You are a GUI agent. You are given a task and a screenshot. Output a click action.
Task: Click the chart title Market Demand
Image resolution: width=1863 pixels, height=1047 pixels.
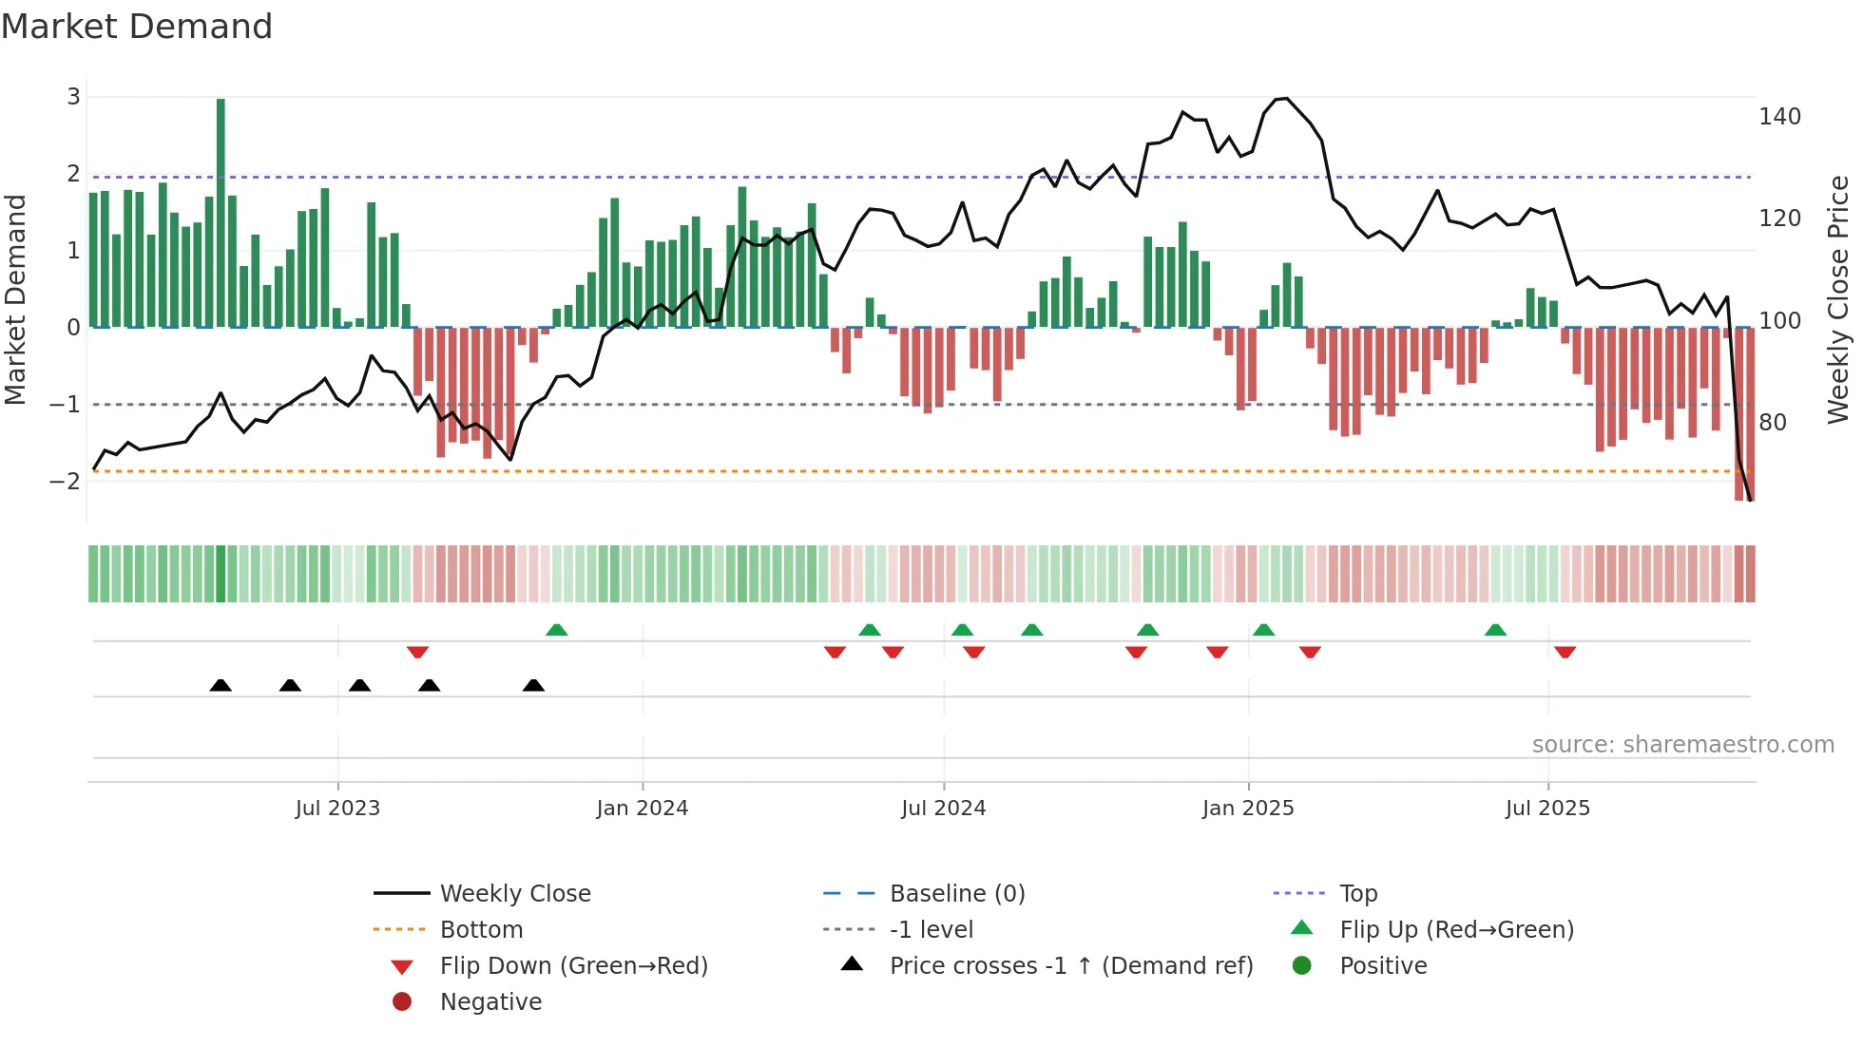point(137,27)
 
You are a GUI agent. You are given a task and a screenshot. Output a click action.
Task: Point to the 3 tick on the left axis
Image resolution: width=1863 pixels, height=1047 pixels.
point(73,96)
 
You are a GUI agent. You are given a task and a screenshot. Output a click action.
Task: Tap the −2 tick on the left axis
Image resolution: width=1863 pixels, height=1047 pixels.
point(66,481)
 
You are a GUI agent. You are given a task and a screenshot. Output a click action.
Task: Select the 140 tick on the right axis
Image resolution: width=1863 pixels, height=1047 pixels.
point(1779,117)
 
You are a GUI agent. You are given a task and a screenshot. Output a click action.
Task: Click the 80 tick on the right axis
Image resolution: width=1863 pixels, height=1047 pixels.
point(1773,422)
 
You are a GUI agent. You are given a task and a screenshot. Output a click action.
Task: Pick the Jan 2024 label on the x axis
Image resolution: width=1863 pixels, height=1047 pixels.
point(642,809)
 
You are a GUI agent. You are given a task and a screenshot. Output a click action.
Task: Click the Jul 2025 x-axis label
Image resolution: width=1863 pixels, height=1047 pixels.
point(1547,809)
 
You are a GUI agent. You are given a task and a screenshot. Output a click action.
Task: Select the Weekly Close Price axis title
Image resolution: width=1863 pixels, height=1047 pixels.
point(1838,299)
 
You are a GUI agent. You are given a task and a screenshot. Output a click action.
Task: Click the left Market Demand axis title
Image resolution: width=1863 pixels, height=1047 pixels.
point(15,299)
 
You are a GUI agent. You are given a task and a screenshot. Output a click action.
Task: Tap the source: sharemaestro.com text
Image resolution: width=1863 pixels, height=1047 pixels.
point(1682,745)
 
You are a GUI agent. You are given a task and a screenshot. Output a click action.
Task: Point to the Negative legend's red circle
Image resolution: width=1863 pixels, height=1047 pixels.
point(402,1002)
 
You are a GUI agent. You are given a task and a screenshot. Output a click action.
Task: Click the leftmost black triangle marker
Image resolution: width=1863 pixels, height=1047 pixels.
point(221,686)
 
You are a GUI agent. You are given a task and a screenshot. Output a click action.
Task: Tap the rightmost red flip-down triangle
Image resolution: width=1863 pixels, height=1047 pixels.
point(1565,652)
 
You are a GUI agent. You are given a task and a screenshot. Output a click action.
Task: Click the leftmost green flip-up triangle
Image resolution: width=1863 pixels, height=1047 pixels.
point(557,630)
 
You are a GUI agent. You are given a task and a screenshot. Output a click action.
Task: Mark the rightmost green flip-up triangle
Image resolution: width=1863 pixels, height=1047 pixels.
point(1495,630)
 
